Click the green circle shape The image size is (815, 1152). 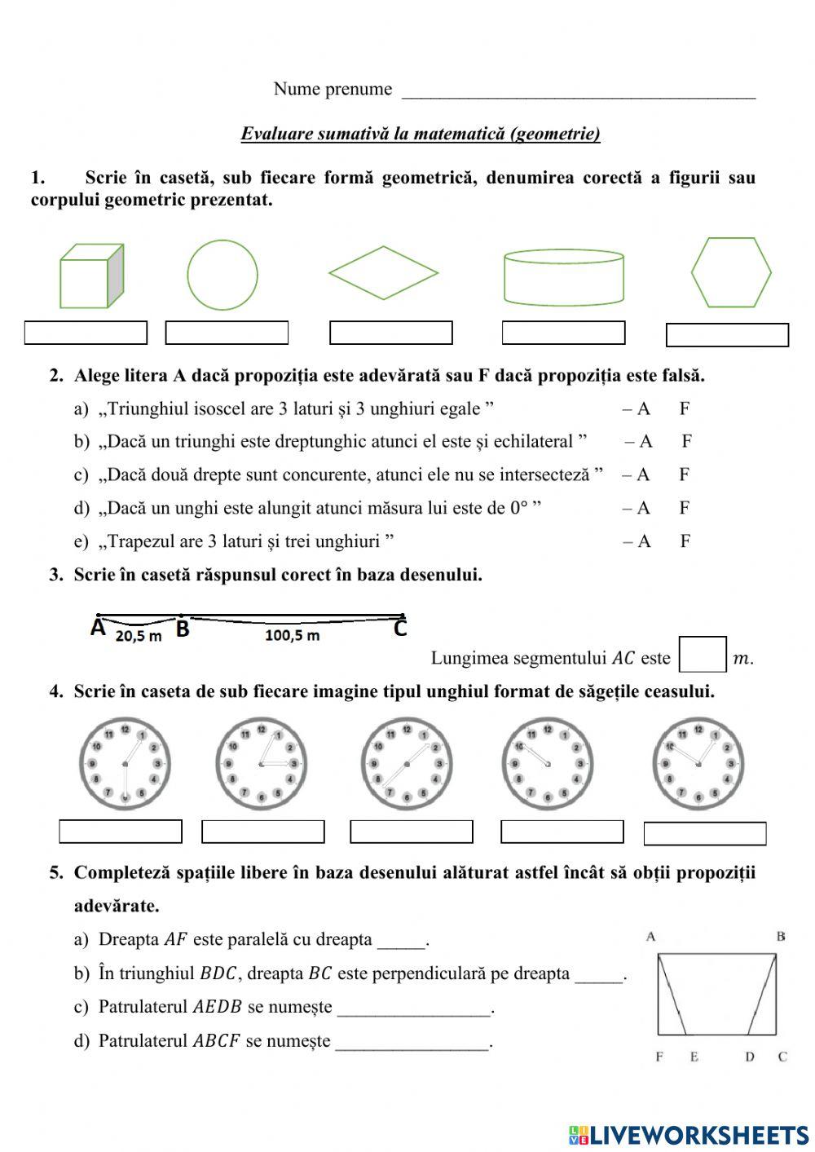(222, 275)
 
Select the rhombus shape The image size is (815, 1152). (383, 273)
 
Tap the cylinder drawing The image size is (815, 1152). (564, 277)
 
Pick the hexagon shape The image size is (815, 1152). (731, 272)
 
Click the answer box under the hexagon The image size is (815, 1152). (727, 335)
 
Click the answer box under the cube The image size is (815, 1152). (86, 333)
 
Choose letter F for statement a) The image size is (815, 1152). (685, 408)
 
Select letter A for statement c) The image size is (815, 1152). (643, 474)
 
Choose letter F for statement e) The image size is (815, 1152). (685, 541)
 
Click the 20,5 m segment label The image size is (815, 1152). (138, 636)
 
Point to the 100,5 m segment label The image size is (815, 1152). (292, 635)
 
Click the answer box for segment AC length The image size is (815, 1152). (703, 655)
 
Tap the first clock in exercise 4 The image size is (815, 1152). (125, 764)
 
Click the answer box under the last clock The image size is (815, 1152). (705, 834)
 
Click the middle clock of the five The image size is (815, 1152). (405, 764)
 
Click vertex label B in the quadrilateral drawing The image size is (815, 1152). (781, 937)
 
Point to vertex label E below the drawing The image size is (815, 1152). (694, 1057)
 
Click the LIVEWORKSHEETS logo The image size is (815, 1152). (689, 1134)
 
